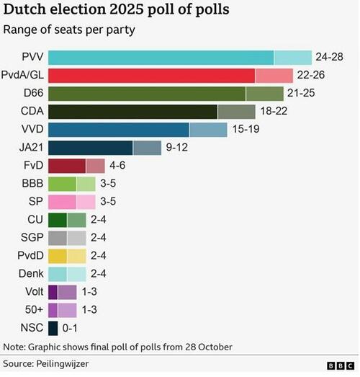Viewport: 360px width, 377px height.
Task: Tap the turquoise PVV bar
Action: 179,58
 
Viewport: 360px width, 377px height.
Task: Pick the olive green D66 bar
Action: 166,94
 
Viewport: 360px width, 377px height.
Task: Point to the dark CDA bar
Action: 151,112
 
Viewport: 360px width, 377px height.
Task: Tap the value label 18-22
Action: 276,112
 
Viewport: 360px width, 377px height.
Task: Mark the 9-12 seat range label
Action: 179,148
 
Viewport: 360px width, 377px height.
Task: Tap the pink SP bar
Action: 71,202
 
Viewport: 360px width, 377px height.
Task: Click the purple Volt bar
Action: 62,293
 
